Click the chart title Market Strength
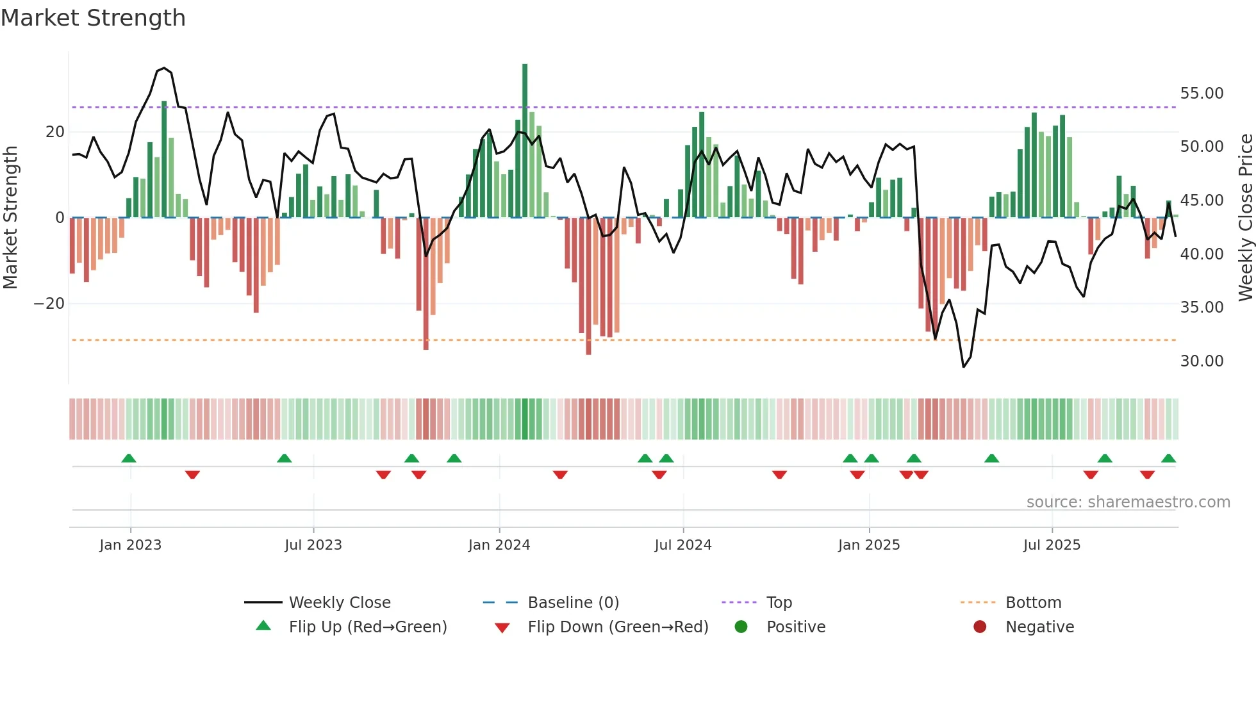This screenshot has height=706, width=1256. [93, 18]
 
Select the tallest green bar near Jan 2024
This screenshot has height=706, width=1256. [525, 141]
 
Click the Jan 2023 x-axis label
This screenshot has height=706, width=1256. [131, 545]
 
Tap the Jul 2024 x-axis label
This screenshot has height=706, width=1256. [683, 545]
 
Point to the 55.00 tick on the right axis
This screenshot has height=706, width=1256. [1202, 94]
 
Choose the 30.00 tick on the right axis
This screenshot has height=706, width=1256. [1202, 361]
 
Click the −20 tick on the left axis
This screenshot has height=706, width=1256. [49, 304]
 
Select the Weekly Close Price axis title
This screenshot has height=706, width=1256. [1245, 217]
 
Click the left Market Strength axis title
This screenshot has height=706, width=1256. [11, 217]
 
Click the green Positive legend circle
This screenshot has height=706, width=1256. [741, 627]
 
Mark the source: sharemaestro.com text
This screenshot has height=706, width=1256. [1128, 502]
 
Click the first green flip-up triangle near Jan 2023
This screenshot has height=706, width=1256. [129, 459]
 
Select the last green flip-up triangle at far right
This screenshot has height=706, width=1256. [1168, 459]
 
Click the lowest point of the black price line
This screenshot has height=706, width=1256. [963, 366]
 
